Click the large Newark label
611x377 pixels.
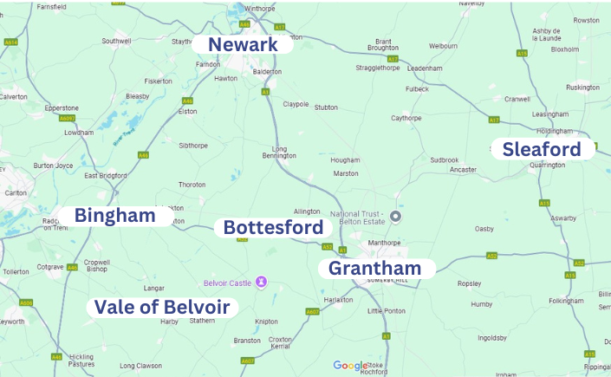(244, 44)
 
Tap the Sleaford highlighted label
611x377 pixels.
(542, 149)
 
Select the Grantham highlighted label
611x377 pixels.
(375, 269)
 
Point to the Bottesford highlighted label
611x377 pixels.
(273, 227)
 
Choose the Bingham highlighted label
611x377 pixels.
(114, 216)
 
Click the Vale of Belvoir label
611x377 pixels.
(162, 307)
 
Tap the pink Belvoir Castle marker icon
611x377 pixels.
(261, 282)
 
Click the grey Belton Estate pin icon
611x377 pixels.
(396, 216)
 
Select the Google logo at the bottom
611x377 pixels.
(351, 366)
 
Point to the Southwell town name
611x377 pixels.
(116, 41)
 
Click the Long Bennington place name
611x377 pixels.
(279, 152)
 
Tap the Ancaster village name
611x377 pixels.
(463, 169)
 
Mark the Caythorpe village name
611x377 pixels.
(406, 118)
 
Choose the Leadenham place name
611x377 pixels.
(425, 68)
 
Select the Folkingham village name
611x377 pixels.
(566, 301)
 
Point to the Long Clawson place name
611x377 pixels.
(140, 365)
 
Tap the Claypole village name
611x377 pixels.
(296, 104)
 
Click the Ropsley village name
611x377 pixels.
(469, 283)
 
